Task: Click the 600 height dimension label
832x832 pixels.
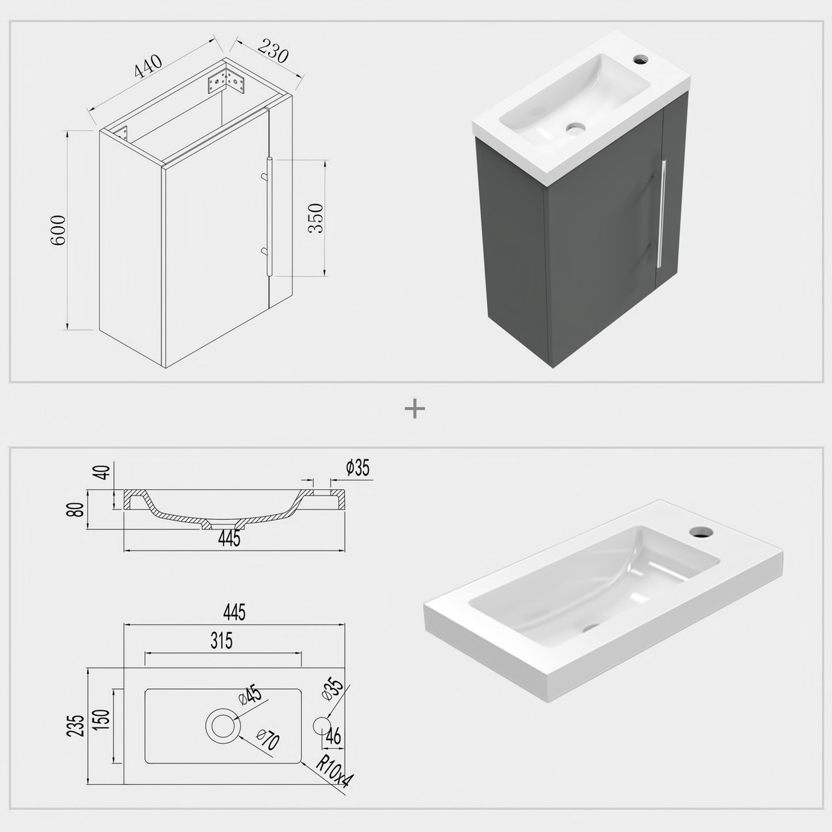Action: click(x=59, y=230)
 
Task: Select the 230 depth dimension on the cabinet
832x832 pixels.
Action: click(x=272, y=51)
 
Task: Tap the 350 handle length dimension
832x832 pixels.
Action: click(x=316, y=218)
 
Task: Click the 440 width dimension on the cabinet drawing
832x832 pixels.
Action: click(x=149, y=66)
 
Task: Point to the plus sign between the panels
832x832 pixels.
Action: click(x=415, y=409)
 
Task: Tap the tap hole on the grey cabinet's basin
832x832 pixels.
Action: click(x=640, y=59)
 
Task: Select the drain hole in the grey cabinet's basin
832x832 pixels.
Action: click(x=575, y=128)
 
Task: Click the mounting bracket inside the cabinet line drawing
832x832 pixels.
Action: click(x=227, y=82)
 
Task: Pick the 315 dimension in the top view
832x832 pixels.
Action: click(x=222, y=640)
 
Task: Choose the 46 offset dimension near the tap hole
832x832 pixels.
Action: click(x=333, y=736)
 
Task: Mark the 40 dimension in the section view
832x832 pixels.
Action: click(x=104, y=472)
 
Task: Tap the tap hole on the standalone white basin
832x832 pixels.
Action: click(x=701, y=530)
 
